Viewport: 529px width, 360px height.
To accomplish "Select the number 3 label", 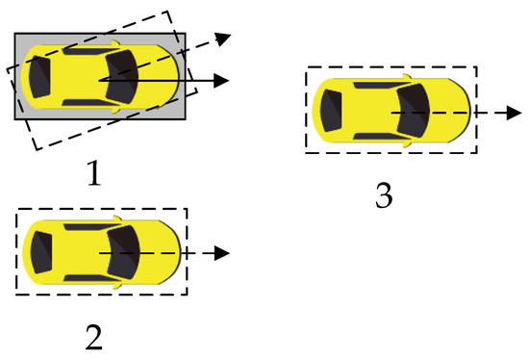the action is tap(384, 195).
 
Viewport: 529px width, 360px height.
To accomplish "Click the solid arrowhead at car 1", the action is tap(222, 80).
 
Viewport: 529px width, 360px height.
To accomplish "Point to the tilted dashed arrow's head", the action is tap(222, 39).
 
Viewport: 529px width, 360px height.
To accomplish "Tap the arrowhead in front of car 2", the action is tap(222, 253).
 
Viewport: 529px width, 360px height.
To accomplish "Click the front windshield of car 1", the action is tap(123, 75).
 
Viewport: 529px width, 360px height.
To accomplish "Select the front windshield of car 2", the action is tap(124, 252).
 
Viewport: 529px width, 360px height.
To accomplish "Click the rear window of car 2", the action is tap(40, 252).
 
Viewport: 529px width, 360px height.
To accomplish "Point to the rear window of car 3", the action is tap(330, 112).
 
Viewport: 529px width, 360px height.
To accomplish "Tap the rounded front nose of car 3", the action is tap(465, 112).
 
